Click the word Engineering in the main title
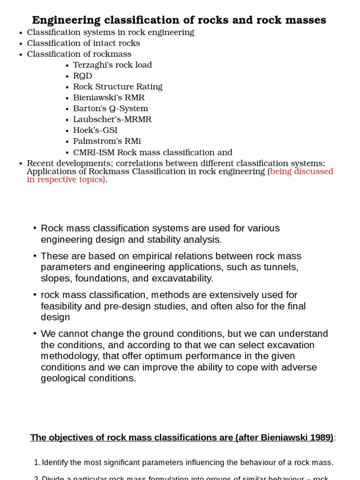click(66, 20)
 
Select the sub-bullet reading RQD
click(82, 76)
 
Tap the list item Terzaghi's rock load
click(112, 65)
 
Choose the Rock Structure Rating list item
click(118, 87)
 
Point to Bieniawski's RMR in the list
click(109, 97)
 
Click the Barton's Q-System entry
click(111, 108)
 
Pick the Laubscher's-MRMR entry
click(112, 119)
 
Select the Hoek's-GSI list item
click(95, 130)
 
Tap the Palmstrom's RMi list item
click(107, 141)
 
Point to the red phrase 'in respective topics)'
click(66, 180)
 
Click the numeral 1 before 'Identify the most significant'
click(37, 463)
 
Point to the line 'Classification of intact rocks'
click(83, 43)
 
